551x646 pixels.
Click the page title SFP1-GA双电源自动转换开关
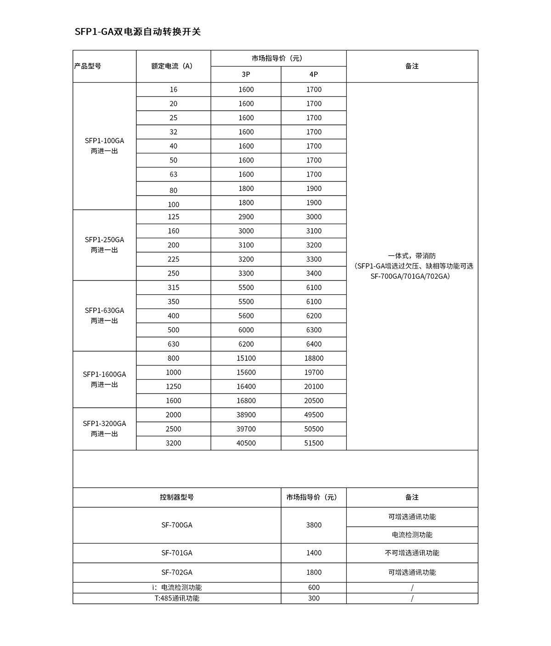coord(138,32)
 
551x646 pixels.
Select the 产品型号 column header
coord(88,66)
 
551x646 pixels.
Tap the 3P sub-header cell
coord(246,74)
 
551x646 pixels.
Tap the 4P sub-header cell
coord(314,74)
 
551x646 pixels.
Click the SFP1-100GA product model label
coord(104,141)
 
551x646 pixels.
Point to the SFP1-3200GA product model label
coord(104,424)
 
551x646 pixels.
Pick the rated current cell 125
coord(174,217)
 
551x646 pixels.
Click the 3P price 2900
coord(246,217)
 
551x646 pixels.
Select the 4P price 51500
coord(314,443)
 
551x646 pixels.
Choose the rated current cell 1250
coord(174,387)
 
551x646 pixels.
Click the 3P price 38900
coord(246,415)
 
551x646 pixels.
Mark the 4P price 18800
coord(314,358)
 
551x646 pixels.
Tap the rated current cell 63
coord(174,174)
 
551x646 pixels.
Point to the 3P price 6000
coord(246,330)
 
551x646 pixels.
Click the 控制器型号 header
coord(177,497)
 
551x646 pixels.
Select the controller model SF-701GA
coord(177,553)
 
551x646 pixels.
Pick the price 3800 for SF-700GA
coord(314,525)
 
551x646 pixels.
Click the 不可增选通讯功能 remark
coord(412,553)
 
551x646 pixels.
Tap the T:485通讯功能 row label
coord(177,598)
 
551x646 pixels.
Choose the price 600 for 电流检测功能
coord(314,587)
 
